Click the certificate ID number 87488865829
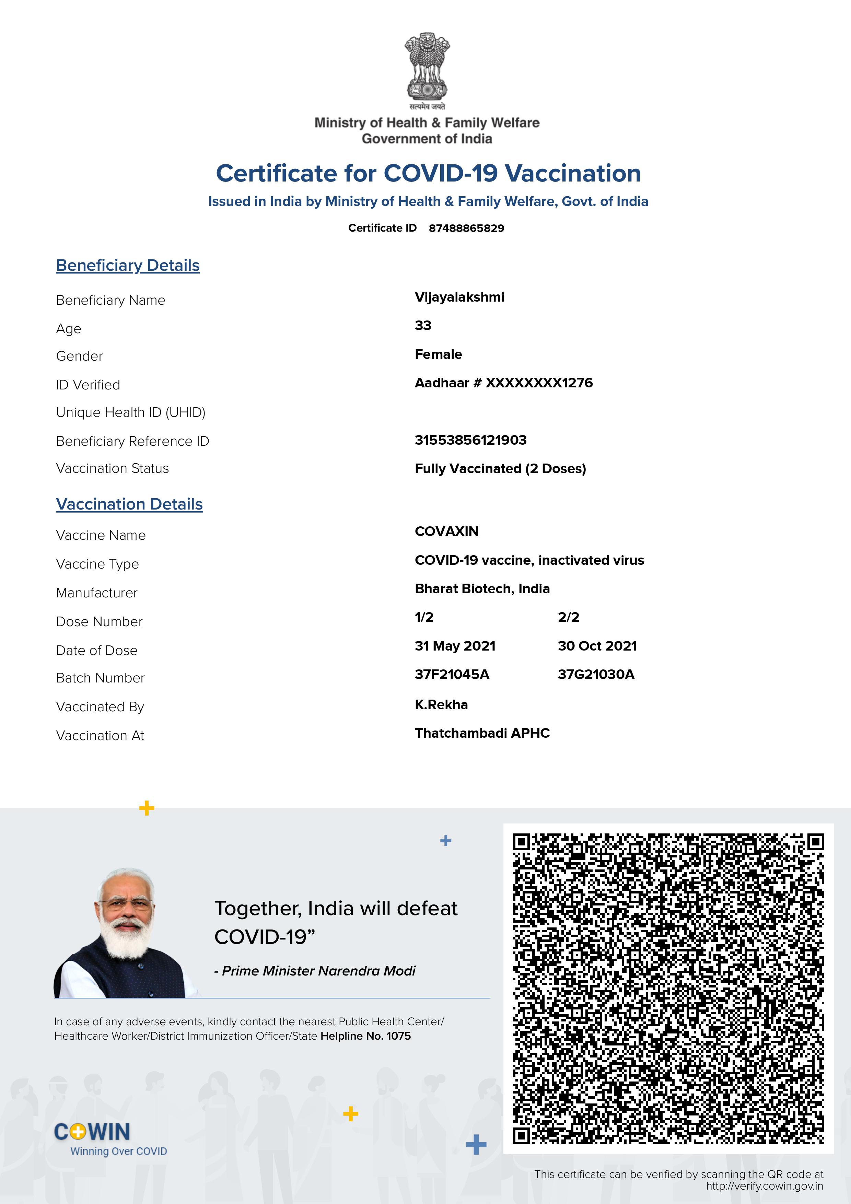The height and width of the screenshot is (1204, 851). click(x=466, y=228)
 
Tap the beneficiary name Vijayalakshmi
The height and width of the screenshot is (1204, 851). click(x=459, y=297)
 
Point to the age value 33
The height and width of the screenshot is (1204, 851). click(x=423, y=326)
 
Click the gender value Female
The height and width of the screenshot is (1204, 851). click(x=438, y=354)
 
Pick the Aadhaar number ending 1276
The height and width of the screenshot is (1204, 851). click(x=503, y=383)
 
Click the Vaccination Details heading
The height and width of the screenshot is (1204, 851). click(x=129, y=504)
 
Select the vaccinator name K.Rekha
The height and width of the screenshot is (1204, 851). click(x=441, y=704)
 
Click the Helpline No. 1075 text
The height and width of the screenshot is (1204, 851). click(x=365, y=1036)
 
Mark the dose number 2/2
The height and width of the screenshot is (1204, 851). click(x=568, y=617)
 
